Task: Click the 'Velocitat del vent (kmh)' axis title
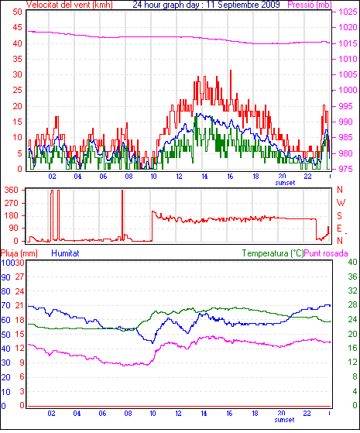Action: coord(70,5)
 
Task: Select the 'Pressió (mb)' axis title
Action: coord(310,5)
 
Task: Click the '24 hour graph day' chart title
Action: coord(166,5)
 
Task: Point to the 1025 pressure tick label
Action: coord(348,12)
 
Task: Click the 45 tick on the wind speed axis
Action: coord(17,27)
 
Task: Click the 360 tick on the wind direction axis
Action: coord(12,190)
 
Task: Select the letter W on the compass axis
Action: coord(341,203)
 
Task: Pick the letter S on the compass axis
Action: coord(339,215)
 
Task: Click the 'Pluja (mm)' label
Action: coord(19,253)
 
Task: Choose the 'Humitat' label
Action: coord(66,253)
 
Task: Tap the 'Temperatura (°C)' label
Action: coord(273,253)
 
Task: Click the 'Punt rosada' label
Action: coord(326,253)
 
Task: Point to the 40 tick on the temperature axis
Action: coord(352,262)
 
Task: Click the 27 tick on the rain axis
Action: coord(19,277)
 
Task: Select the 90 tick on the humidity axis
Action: coord(5,277)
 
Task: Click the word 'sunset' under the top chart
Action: coord(285,183)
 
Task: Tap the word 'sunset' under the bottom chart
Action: coord(284,420)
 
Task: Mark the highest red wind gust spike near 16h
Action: coord(231,70)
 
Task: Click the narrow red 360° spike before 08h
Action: coord(122,215)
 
